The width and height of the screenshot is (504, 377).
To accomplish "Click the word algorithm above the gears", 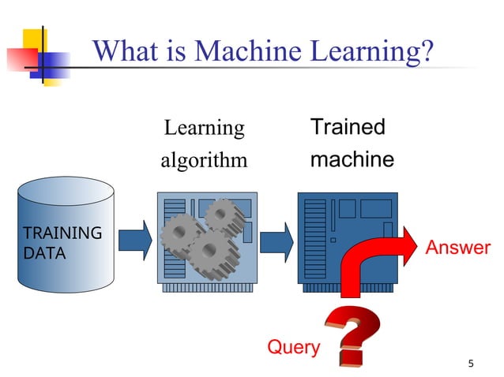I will coord(204,160).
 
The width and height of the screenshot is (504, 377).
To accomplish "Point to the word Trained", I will coord(348,127).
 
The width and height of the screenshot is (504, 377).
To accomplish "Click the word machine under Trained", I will coord(352,159).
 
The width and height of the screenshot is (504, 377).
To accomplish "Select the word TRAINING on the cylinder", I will coord(62,233).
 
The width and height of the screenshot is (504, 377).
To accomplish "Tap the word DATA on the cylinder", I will coord(44,253).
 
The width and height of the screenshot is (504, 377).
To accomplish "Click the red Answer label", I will coord(458,248).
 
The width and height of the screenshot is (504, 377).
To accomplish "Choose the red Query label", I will coord(294,346).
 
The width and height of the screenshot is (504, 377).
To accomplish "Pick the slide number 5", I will coord(471,364).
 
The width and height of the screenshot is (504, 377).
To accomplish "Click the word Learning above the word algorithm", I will coord(204,128).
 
